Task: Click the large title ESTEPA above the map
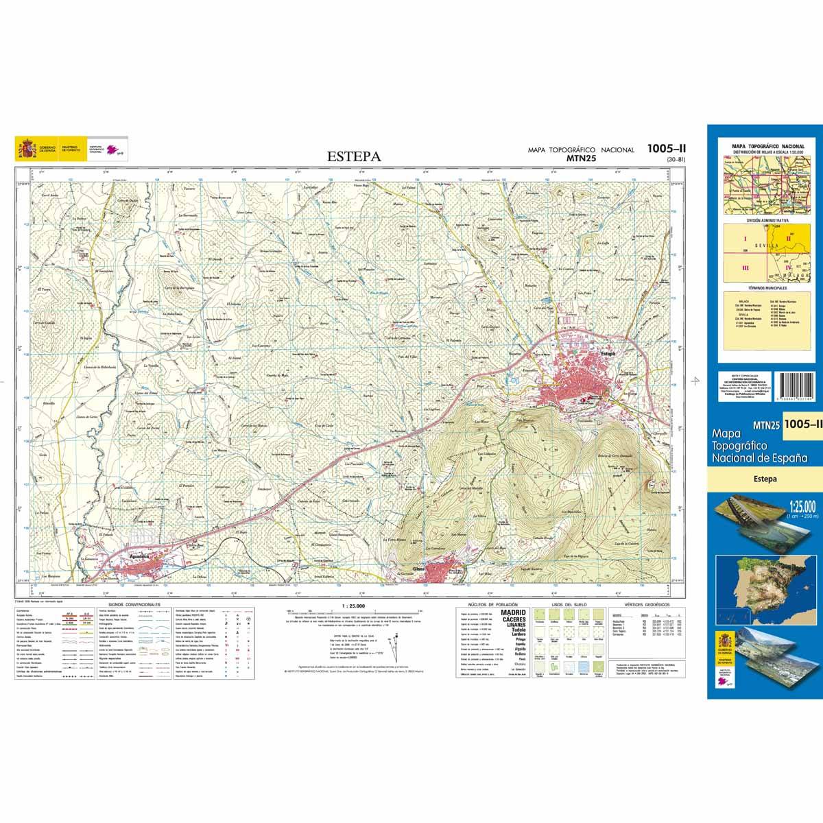(x=354, y=156)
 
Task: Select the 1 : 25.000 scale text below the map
(x=353, y=606)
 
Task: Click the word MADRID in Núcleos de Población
(x=514, y=612)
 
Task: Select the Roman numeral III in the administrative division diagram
(x=746, y=267)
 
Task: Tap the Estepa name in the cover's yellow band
(x=764, y=479)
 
